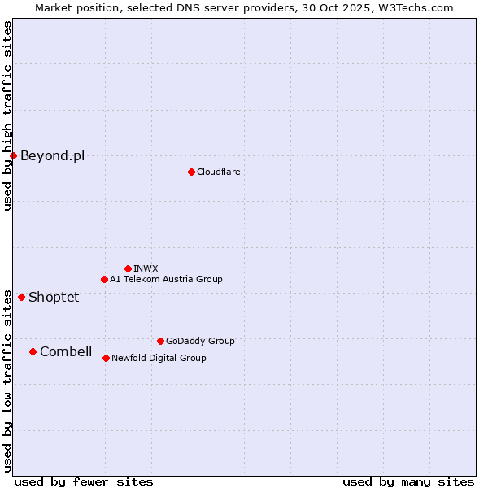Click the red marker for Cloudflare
191,172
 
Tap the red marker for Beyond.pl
13,155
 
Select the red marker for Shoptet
21,297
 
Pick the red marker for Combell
33,351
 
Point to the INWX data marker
128,268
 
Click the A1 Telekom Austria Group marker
104,279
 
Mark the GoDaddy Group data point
160,341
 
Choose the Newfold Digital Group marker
106,358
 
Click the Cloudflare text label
218,172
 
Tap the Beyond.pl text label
52,155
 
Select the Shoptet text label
54,297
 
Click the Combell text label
66,351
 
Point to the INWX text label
146,268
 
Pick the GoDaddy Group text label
200,341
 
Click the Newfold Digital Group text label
159,358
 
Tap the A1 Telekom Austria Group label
166,279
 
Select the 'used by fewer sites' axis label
84,481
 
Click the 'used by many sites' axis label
408,481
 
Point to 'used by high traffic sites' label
7,115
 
